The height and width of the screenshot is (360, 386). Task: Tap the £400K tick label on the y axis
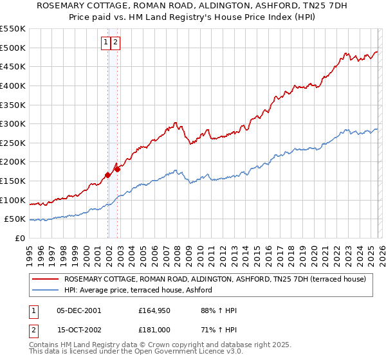tap(13, 85)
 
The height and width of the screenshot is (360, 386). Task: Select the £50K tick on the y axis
tap(15, 219)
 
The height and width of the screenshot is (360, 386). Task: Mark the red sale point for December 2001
tap(107, 175)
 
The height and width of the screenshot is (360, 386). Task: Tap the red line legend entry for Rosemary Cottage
tap(215, 279)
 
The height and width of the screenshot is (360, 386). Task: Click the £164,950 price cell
tap(153, 310)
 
